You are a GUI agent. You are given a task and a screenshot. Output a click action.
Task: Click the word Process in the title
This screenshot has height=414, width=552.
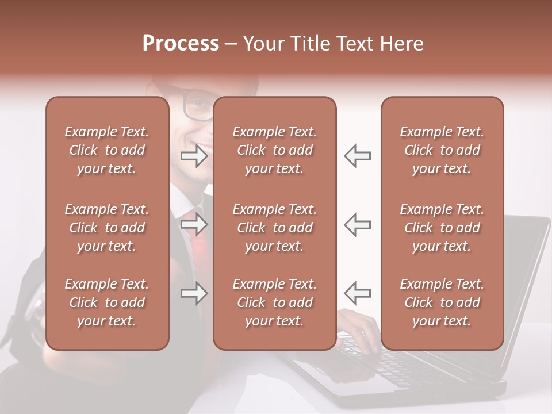pos(181,44)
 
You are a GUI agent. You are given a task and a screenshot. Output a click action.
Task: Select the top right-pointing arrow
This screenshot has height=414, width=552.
pos(194,156)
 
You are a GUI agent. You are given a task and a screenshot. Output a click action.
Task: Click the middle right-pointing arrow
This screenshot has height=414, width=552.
pos(194,225)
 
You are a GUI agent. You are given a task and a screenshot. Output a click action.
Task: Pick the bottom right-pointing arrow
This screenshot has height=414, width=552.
pos(194,294)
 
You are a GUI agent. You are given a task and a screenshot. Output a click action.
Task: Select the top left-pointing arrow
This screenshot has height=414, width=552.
pos(358,156)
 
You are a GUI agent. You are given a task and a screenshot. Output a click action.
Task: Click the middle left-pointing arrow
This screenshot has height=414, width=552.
pos(358,225)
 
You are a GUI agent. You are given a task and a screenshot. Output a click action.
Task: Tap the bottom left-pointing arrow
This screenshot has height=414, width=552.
pos(358,293)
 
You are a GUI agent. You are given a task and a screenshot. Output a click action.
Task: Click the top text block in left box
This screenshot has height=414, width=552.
pos(107,150)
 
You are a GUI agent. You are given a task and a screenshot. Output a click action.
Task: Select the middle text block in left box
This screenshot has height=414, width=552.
pos(107,228)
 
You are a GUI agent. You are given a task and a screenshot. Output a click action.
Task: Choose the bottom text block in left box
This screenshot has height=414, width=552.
pos(107,302)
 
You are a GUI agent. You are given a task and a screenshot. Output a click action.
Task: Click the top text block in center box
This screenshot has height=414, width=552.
pos(275,150)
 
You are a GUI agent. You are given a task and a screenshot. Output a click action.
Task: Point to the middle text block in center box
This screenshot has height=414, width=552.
pos(275,228)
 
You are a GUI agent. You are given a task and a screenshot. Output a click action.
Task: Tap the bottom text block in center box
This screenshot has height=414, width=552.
pos(275,302)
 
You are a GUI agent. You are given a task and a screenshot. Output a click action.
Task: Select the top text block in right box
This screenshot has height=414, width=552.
pos(442,150)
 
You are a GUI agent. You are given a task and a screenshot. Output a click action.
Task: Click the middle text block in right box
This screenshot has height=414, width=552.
pos(442,228)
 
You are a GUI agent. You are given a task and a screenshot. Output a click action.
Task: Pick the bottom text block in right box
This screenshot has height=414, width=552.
pos(442,302)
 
